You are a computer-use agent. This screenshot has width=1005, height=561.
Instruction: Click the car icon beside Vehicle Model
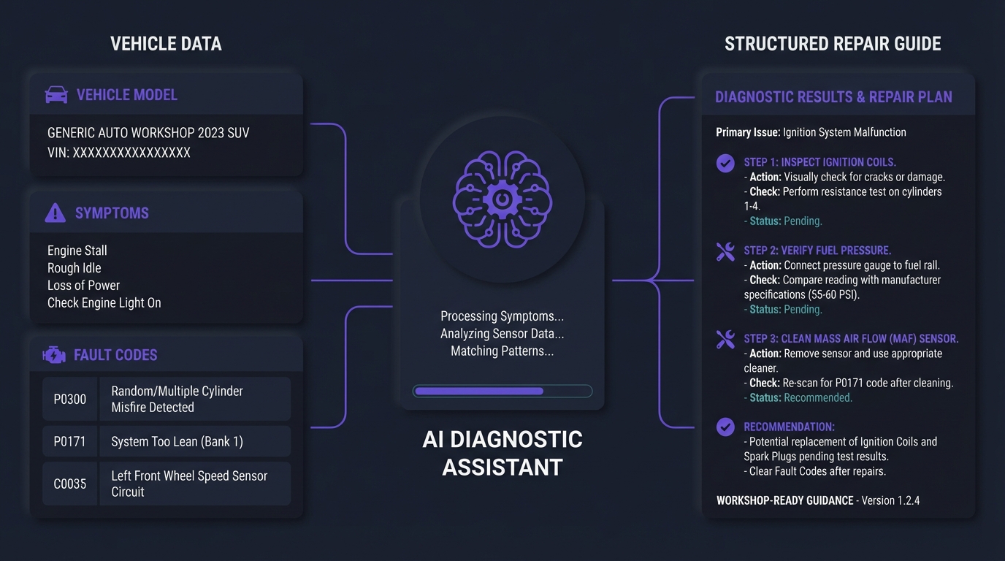[56, 95]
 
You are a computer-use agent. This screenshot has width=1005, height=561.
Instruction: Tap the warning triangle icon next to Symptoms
[55, 213]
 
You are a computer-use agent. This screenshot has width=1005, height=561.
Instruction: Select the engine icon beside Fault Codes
[54, 355]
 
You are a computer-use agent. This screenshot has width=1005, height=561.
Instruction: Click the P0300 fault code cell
[70, 400]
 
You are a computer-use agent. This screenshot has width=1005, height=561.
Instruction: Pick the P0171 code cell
[70, 442]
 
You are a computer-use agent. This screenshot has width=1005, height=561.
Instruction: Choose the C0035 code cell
[70, 484]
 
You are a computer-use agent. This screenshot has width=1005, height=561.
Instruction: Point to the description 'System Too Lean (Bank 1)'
[177, 442]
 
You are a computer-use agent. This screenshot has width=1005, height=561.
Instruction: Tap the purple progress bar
[479, 392]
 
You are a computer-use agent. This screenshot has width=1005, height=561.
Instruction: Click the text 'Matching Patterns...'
[502, 351]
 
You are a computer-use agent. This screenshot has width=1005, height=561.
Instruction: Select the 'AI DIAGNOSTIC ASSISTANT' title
[502, 453]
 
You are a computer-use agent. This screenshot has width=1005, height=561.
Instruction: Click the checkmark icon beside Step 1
[725, 163]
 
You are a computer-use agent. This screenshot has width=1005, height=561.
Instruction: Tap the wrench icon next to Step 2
[725, 252]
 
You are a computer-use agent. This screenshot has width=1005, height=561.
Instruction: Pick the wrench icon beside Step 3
[725, 340]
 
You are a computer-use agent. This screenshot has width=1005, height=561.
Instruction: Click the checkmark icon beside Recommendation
[725, 427]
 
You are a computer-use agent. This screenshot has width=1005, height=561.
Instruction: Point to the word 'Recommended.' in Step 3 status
[818, 398]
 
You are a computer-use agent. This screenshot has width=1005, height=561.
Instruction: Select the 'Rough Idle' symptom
[74, 268]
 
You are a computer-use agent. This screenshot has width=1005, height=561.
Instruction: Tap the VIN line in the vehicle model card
[119, 153]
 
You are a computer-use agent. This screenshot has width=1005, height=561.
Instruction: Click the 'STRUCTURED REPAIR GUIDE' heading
[833, 44]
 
